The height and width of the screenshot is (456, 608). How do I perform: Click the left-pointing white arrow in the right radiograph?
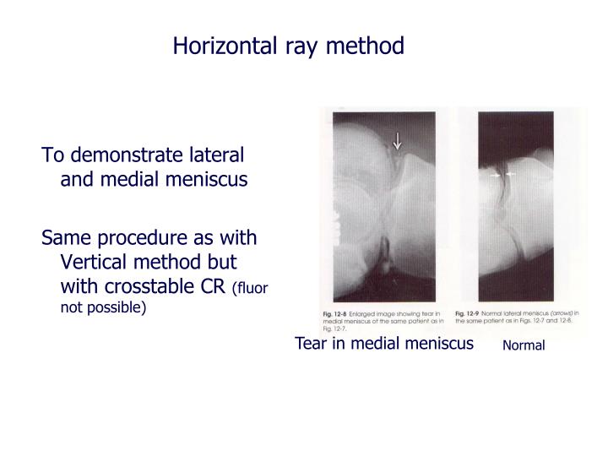pyautogui.click(x=511, y=174)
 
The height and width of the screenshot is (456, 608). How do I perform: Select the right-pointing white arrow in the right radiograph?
pyautogui.click(x=497, y=174)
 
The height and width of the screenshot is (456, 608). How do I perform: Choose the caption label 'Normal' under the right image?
pyautogui.click(x=524, y=345)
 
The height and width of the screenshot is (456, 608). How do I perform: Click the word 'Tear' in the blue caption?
pyautogui.click(x=310, y=343)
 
